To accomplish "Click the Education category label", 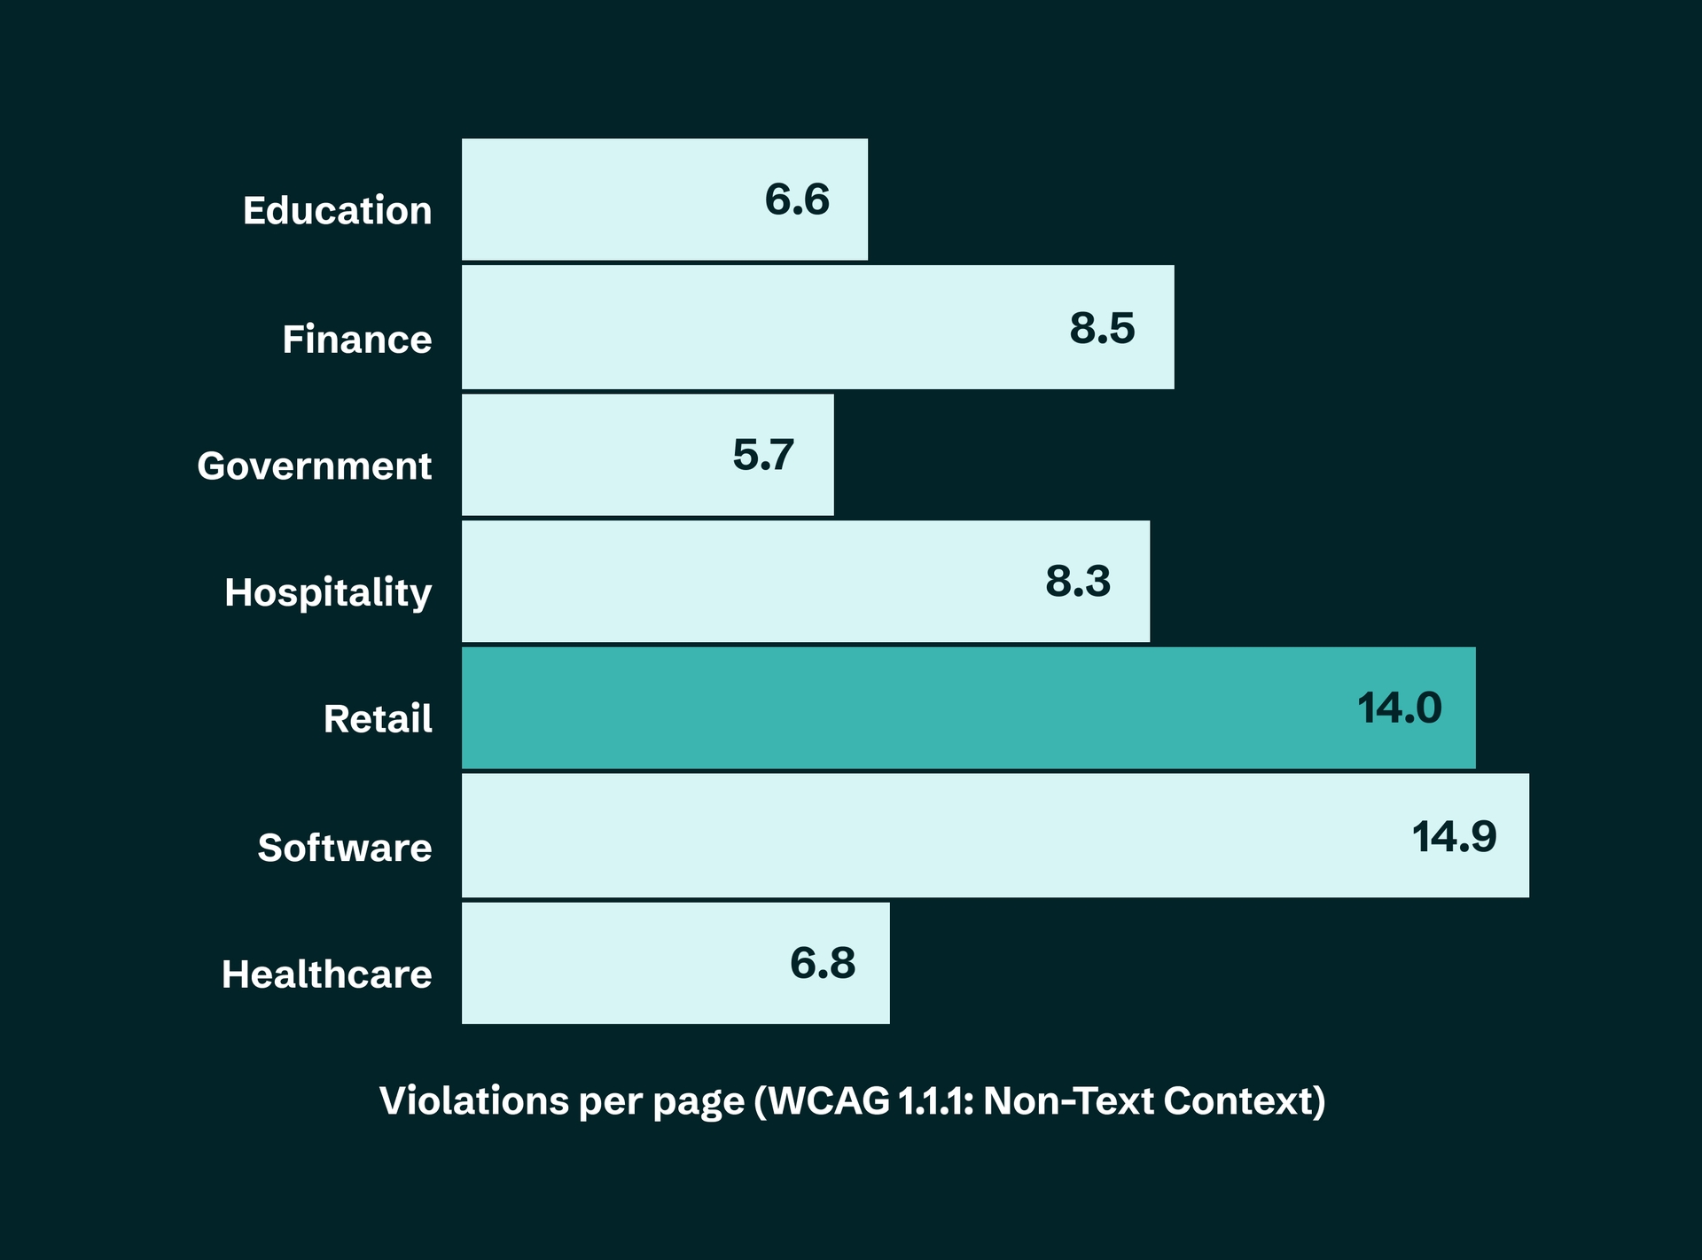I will (337, 211).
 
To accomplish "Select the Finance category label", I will (356, 340).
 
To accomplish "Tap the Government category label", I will (314, 466).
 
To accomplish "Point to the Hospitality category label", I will (327, 593).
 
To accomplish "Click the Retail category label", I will (378, 719).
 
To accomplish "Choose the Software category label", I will (344, 849).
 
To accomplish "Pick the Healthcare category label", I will (326, 974).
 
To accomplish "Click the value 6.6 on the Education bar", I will (797, 200).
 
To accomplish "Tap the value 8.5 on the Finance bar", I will (1102, 328).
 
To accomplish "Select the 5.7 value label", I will (762, 455).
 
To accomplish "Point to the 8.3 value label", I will (1078, 582).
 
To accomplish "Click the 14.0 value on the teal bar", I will (1400, 708).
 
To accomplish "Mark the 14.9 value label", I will (1454, 836).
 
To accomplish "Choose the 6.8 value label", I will (823, 963).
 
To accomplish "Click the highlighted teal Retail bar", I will (886, 708).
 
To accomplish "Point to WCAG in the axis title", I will (829, 1101).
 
